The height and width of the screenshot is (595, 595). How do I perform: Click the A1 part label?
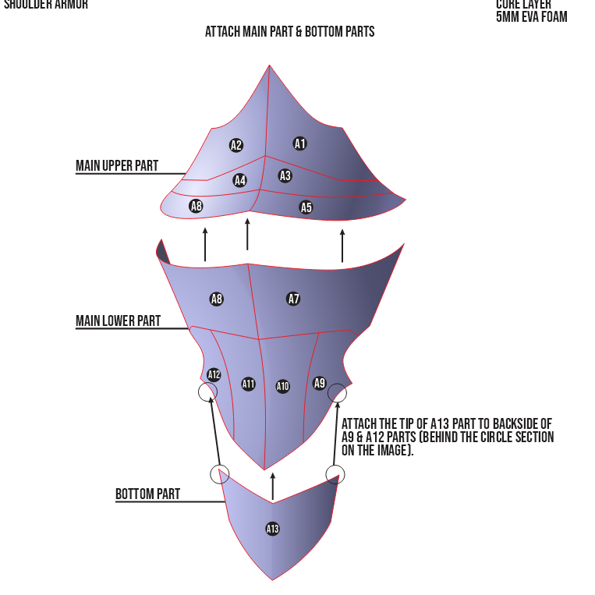(300, 143)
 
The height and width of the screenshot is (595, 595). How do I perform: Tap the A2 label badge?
(236, 145)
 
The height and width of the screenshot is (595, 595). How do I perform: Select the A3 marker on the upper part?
(285, 175)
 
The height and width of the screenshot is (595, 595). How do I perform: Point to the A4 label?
(240, 180)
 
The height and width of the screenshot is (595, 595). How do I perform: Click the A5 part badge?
(306, 207)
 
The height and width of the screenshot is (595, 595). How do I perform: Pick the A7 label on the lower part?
(294, 299)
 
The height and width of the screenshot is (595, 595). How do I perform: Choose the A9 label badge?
(320, 383)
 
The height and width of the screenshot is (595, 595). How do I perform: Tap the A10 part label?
(282, 387)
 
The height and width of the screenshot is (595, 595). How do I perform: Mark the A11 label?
(248, 384)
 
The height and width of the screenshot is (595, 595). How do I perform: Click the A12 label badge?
(214, 374)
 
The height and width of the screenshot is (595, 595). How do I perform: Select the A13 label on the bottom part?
(272, 529)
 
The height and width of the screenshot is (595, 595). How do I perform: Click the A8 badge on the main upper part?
(197, 206)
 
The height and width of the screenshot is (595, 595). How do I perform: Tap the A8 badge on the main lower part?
(217, 299)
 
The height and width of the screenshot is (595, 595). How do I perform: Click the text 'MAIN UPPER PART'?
(117, 166)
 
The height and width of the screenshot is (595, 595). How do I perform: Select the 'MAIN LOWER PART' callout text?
(118, 321)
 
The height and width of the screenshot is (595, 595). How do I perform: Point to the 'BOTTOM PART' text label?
(147, 494)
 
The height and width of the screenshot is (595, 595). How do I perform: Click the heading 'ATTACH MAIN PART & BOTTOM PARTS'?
(290, 32)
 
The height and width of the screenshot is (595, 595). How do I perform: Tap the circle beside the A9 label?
(337, 393)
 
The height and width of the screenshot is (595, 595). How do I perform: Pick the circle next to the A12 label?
(208, 391)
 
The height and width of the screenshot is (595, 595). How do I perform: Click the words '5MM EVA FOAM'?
(531, 16)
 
